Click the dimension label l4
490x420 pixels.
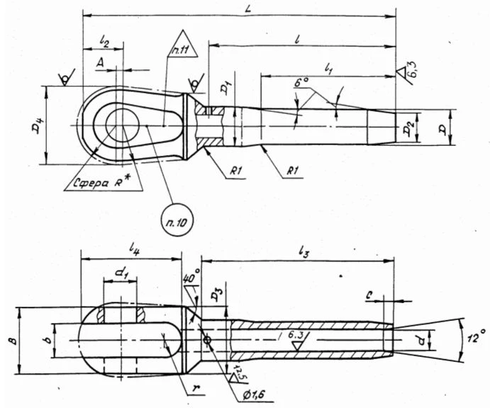click(x=135, y=251)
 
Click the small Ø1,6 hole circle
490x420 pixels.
click(x=206, y=341)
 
